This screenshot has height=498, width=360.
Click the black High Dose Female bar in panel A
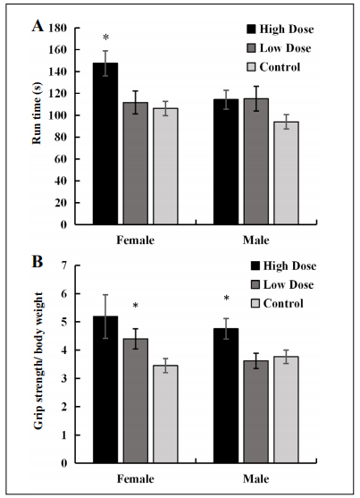coord(105,144)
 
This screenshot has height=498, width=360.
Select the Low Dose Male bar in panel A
coord(255,162)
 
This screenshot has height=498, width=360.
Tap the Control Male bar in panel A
coord(286,173)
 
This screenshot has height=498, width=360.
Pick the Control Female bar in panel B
coord(165,414)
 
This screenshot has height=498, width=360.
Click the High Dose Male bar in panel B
coord(226,396)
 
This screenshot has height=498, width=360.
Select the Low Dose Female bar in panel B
coord(136,401)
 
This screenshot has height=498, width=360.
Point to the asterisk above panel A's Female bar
coord(105,38)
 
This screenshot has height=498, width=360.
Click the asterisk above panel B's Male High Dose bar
coord(226,299)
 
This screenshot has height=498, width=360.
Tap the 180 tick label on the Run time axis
coord(58,29)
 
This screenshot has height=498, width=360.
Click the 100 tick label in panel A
coord(58,115)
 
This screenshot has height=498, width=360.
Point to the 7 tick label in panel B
coord(64,266)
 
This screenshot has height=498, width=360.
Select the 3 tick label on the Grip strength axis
coord(64,378)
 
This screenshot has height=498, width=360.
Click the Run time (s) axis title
coord(37,114)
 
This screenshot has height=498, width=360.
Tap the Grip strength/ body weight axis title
coord(38,361)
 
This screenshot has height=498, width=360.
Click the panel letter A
coord(38,26)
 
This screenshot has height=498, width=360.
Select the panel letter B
coord(38,262)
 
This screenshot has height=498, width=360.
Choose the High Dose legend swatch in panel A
coord(251,30)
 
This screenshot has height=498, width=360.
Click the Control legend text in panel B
coord(283,303)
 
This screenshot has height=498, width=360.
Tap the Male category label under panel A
coord(255,241)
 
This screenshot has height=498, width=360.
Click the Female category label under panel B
coord(136,478)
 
